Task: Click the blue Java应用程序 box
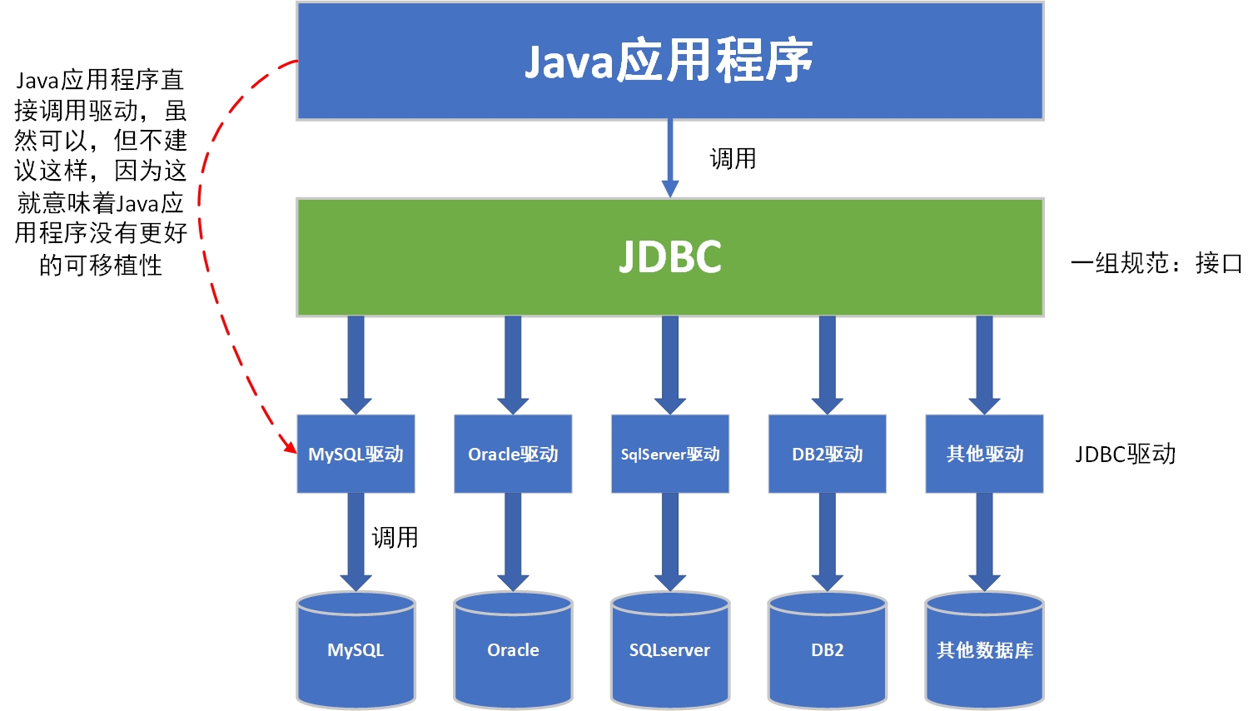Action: pos(670,61)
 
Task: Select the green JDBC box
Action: pos(670,257)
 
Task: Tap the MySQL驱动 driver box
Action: pos(356,454)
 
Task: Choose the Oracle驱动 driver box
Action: pos(513,454)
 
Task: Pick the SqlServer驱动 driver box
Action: pos(670,454)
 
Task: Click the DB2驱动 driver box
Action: pos(827,454)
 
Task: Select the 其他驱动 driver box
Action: pos(984,454)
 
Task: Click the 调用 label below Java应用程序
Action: pos(733,158)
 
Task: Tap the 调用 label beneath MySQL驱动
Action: pos(395,538)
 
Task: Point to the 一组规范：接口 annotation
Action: pos(1156,263)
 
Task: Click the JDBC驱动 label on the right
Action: pos(1125,454)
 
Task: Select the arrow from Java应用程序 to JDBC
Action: pos(670,158)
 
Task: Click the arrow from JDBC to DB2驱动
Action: pos(827,364)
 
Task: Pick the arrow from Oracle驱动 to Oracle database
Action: pos(513,541)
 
